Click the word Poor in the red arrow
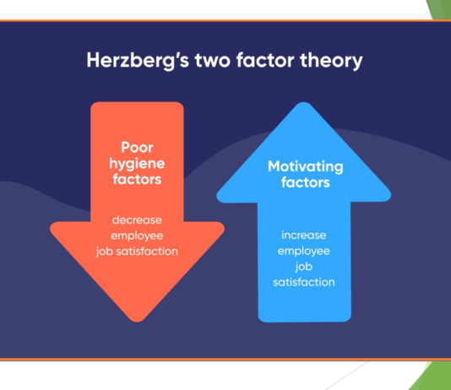tap(137, 146)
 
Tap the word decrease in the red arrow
tap(137, 219)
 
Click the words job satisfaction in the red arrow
tap(137, 251)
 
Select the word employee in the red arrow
tap(137, 236)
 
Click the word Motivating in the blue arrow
tap(305, 165)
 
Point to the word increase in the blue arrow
tap(304, 235)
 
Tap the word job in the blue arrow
tap(304, 267)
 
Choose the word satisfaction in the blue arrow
tap(304, 282)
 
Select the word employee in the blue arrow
tap(304, 251)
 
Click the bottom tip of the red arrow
tap(137, 319)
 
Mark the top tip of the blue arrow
tap(305, 106)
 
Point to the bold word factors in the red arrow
tap(137, 179)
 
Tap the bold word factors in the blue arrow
tap(305, 182)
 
